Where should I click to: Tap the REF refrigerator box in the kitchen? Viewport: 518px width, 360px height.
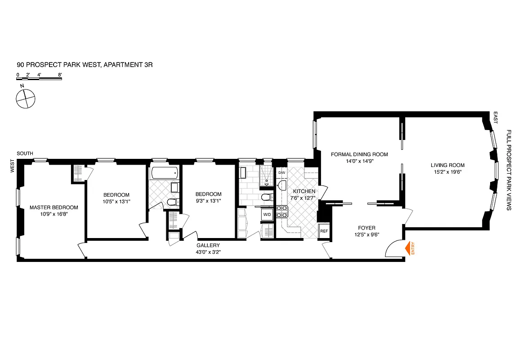pyautogui.click(x=323, y=231)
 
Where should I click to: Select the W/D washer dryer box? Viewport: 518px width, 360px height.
pyautogui.click(x=267, y=215)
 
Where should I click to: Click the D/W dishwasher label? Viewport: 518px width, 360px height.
pyautogui.click(x=282, y=173)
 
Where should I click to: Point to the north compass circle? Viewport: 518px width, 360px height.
pyautogui.click(x=25, y=98)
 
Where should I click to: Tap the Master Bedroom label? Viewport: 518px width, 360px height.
pyautogui.click(x=54, y=207)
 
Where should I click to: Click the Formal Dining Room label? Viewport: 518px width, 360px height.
pyautogui.click(x=359, y=154)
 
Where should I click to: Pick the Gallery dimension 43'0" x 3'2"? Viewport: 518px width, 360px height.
pyautogui.click(x=208, y=252)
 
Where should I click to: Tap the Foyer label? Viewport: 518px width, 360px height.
pyautogui.click(x=366, y=228)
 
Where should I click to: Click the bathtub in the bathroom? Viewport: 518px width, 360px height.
pyautogui.click(x=164, y=173)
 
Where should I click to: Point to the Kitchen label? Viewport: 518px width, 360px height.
pyautogui.click(x=301, y=191)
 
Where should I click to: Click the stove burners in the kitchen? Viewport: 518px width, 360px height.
pyautogui.click(x=282, y=211)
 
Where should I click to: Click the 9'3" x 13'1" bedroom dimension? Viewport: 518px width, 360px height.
pyautogui.click(x=208, y=201)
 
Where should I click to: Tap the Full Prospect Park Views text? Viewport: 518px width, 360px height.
pyautogui.click(x=509, y=170)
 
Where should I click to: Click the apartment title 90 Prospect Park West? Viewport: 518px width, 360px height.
pyautogui.click(x=85, y=65)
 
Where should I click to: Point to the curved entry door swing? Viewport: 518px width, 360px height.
pyautogui.click(x=394, y=249)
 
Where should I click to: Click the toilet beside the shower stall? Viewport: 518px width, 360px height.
pyautogui.click(x=266, y=197)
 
